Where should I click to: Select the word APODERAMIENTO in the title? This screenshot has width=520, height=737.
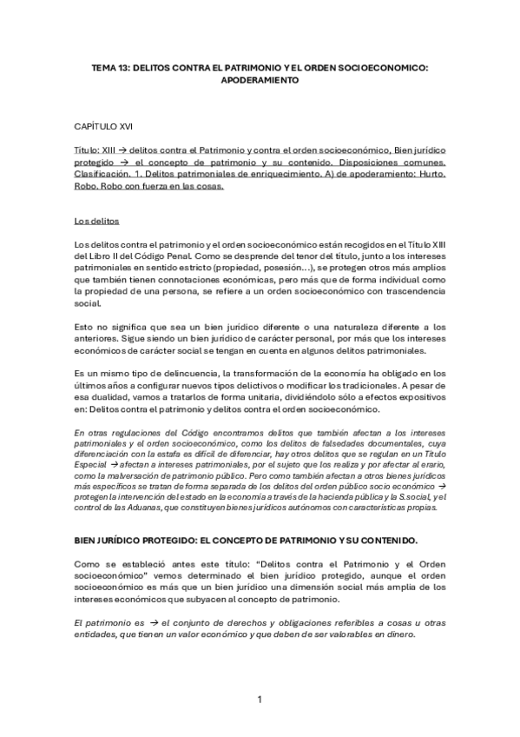tap(260, 79)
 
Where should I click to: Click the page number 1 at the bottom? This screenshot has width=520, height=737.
tap(260, 700)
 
